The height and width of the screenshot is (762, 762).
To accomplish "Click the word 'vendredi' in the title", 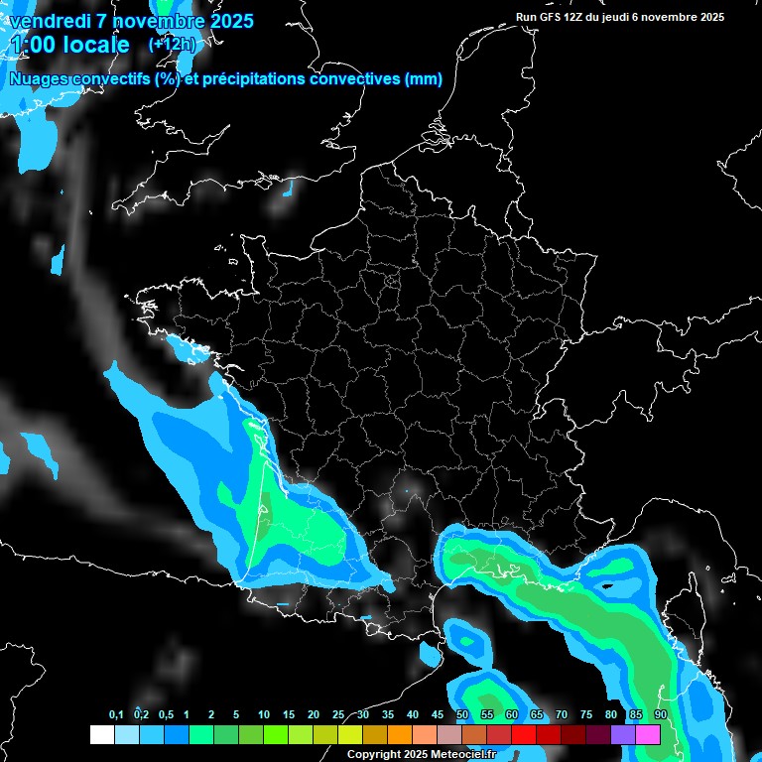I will tap(50, 21).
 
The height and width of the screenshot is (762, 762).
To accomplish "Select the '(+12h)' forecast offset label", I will tap(172, 45).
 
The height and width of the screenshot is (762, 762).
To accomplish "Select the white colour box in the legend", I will tap(101, 734).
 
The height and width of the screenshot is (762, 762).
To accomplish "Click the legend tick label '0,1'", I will tap(116, 715).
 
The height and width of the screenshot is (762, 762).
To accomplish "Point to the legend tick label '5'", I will tap(236, 715).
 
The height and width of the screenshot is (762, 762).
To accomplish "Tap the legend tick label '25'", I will tap(338, 715).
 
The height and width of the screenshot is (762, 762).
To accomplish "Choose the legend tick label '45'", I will tap(438, 715).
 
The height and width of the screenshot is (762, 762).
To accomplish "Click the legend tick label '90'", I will tap(661, 715).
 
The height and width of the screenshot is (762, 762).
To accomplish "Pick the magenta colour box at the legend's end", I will tap(648, 734).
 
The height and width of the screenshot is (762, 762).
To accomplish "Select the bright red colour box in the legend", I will tap(524, 734).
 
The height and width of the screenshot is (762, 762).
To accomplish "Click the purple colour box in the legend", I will tap(623, 734).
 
